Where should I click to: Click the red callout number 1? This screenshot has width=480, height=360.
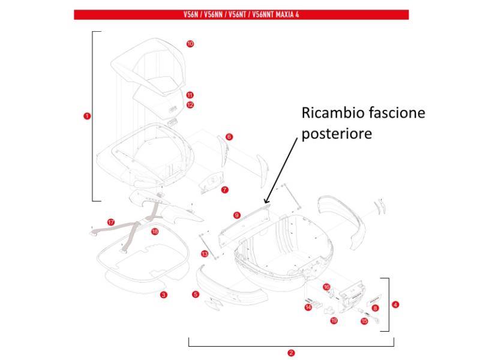click(88, 116)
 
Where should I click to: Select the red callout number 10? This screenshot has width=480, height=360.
click(190, 44)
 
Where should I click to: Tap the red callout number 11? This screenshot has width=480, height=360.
click(190, 95)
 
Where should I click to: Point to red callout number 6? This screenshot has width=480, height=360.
click(229, 137)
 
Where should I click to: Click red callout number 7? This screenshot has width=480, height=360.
click(224, 190)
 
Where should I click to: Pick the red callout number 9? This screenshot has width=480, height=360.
click(237, 214)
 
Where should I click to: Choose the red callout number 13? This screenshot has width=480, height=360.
click(205, 254)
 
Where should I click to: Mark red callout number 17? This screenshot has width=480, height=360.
click(111, 222)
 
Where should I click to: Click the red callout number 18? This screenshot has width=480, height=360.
click(155, 232)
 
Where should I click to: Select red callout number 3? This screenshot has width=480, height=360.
click(164, 295)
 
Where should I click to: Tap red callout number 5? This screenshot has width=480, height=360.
click(196, 294)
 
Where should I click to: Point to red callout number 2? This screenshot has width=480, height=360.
click(291, 353)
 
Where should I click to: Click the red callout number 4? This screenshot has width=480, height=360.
click(395, 305)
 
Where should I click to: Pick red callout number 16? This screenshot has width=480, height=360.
click(326, 287)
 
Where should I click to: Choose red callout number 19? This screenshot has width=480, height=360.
click(334, 320)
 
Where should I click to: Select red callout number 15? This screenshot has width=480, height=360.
click(364, 322)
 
